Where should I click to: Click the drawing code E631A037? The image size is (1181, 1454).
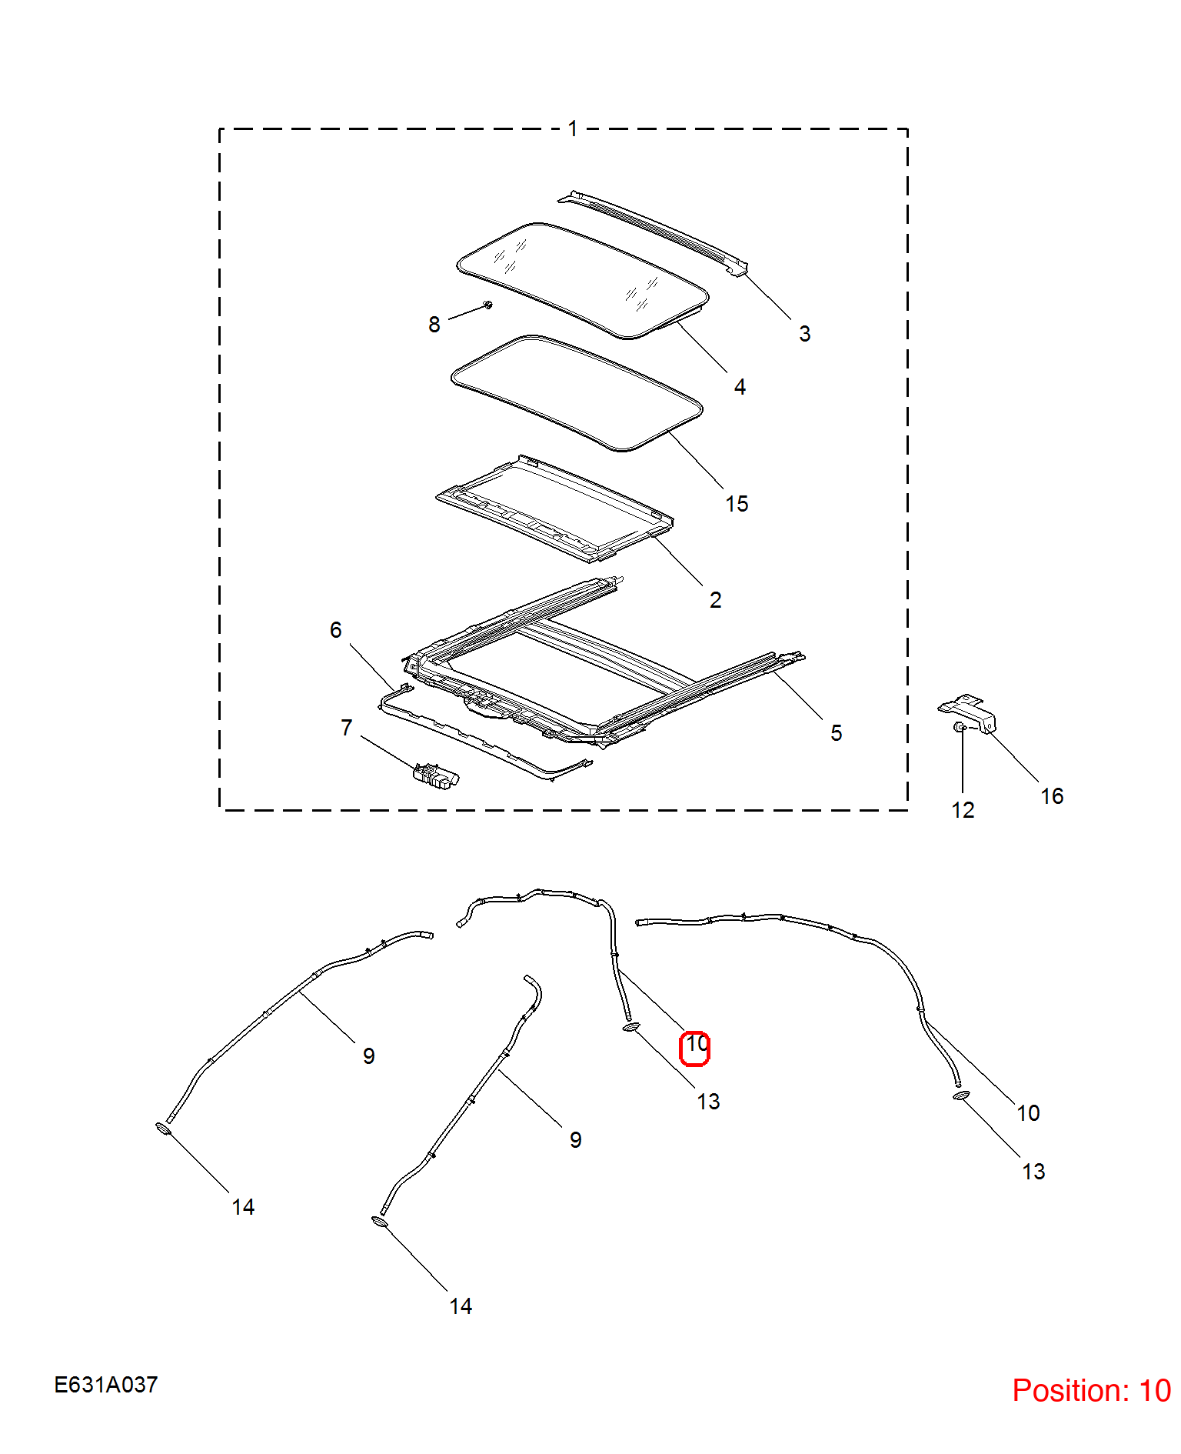pos(106,1385)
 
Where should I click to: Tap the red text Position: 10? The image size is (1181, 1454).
pos(1091,1391)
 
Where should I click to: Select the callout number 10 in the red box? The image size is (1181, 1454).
pos(696,1044)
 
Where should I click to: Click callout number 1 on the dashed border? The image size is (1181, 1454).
pos(573,128)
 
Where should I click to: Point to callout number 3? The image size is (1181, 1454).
pos(804,334)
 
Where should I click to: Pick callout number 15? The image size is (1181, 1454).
pos(737,504)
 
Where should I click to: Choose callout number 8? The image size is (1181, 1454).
pos(434,325)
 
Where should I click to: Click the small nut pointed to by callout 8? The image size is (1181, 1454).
pos(488,305)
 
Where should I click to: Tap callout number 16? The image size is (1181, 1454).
pos(1052,796)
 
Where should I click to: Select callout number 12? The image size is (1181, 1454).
pos(963,810)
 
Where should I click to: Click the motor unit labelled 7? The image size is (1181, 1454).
pos(437,776)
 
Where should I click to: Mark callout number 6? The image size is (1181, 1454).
pos(336,630)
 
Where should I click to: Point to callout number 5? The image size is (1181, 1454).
pos(837,733)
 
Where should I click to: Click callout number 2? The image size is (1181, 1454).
pos(716,600)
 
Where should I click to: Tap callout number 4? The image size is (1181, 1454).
pos(740,387)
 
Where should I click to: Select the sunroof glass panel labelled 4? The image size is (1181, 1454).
pos(582,281)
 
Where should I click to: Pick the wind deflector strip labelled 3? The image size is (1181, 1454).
pos(654,232)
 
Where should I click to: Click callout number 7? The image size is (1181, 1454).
pos(347,728)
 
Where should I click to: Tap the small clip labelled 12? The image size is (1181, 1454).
pos(960,726)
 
